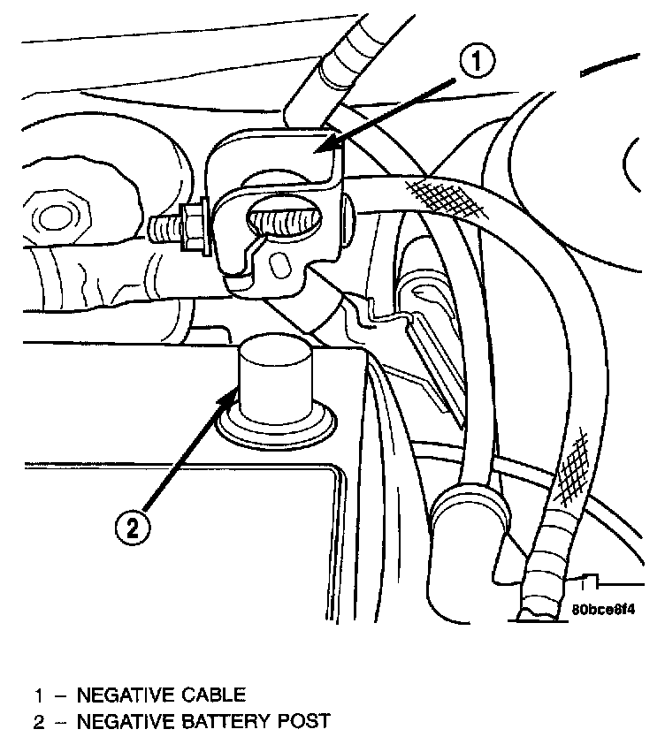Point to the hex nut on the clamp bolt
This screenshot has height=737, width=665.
[192, 226]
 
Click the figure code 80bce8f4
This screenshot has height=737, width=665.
[605, 610]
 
